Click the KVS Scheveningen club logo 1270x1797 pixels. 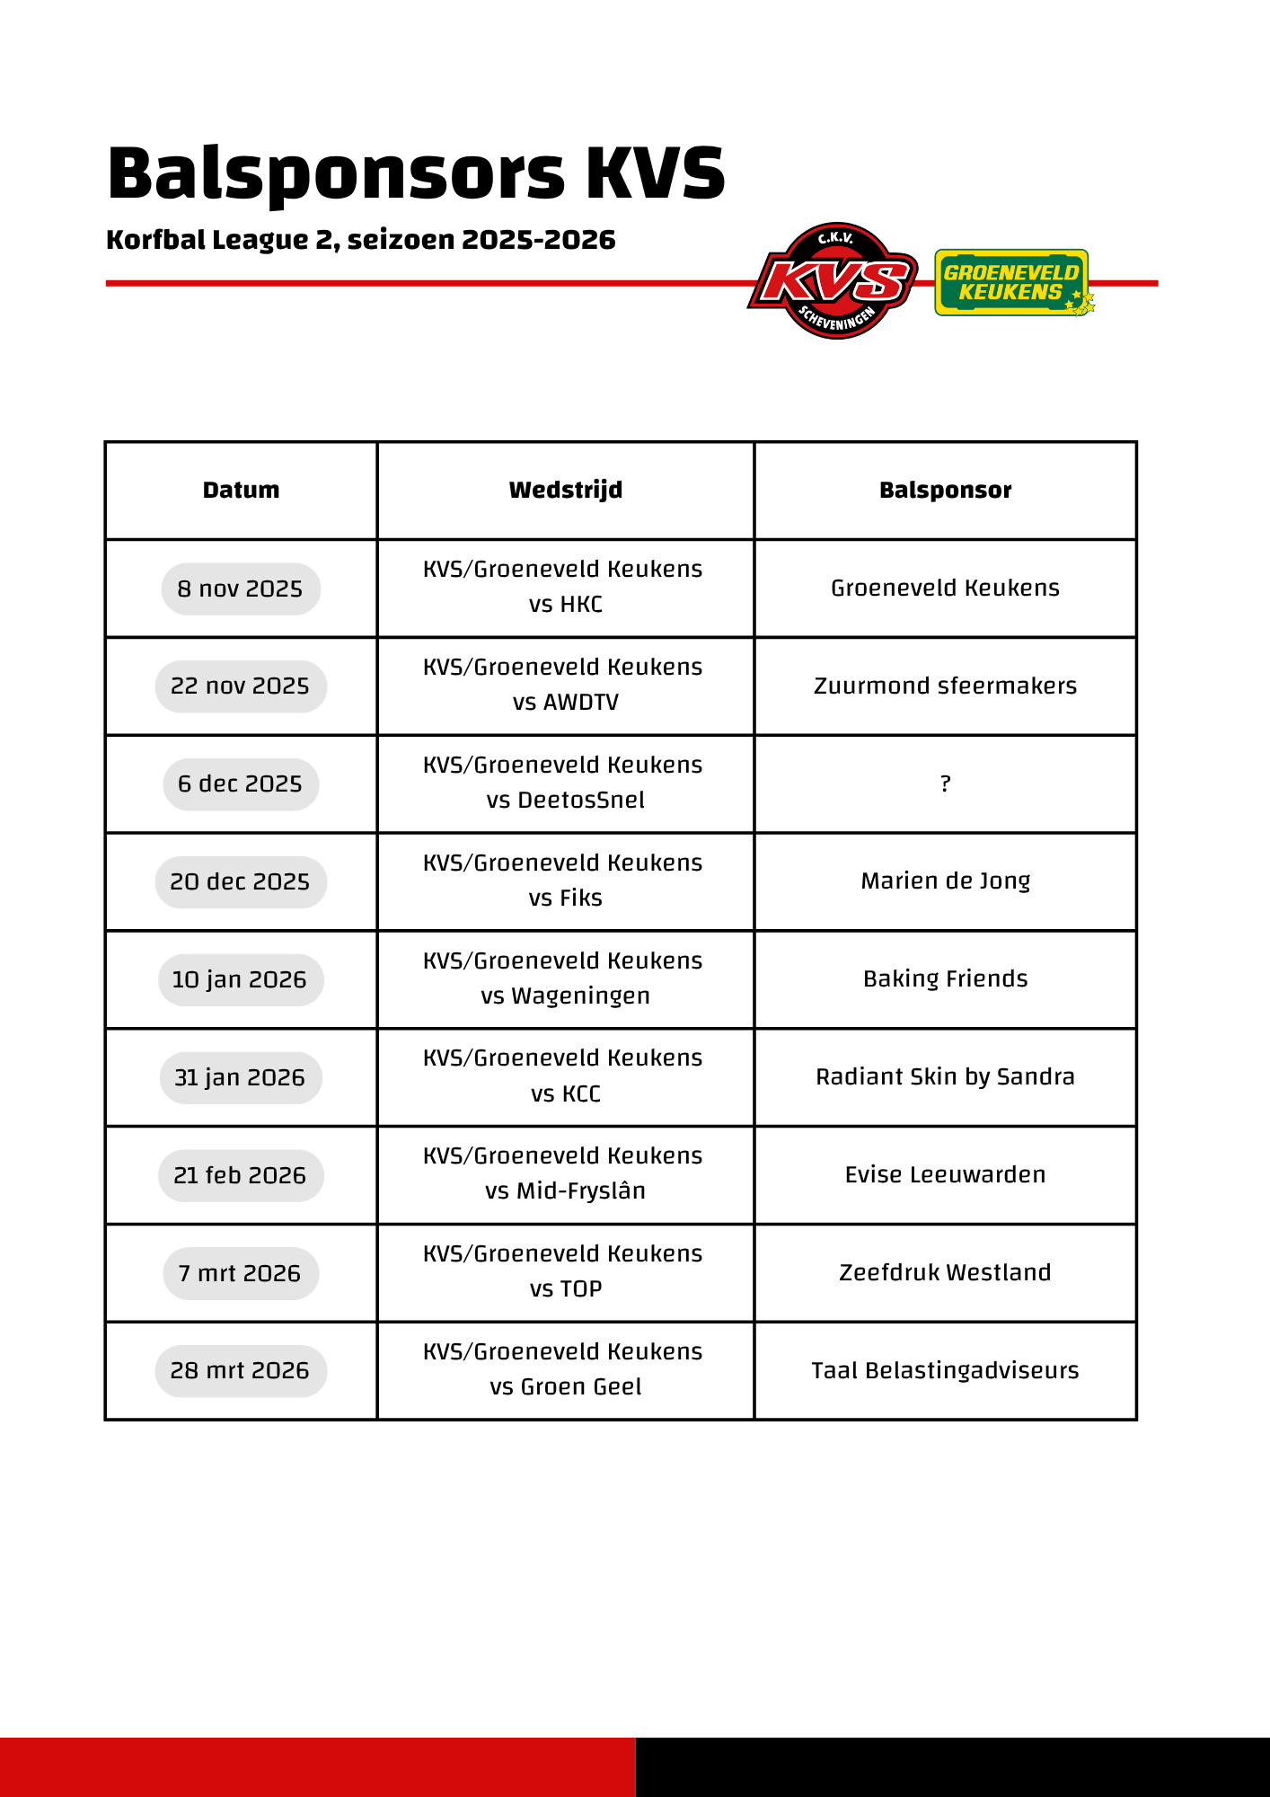[833, 281]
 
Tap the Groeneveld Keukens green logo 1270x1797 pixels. [1012, 283]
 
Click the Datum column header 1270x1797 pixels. [241, 490]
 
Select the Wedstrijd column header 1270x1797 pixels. [565, 490]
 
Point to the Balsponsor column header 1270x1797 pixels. [945, 490]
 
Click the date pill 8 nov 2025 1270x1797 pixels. [241, 589]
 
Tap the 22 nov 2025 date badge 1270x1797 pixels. [241, 686]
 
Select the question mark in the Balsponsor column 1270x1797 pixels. [945, 783]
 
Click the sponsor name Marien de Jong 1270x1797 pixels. [945, 881]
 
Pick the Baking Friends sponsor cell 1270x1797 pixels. [945, 978]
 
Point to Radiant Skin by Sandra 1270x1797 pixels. [945, 1076]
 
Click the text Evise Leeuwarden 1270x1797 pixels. [945, 1174]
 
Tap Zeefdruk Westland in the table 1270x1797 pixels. [945, 1272]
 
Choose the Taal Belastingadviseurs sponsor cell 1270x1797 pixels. [945, 1370]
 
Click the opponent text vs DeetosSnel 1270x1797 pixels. [565, 800]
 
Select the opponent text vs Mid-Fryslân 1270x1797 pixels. [565, 1191]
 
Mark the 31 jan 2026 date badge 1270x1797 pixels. [241, 1077]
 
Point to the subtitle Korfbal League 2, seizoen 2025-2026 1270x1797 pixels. [360, 240]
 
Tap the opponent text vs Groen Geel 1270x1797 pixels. [565, 1386]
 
